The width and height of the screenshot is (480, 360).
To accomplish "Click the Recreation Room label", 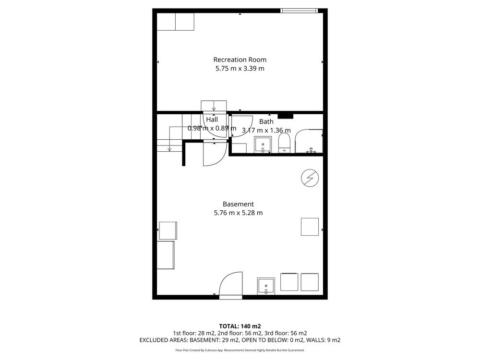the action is pos(240,60).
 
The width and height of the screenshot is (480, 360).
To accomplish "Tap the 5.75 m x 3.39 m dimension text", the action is pos(240,68).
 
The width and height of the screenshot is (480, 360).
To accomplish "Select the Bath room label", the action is pos(266,121).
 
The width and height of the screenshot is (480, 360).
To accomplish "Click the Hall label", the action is pos(212,120).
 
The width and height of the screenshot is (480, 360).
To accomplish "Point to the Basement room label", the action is pos(238,204).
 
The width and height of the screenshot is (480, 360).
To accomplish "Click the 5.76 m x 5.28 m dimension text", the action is pos(238,213).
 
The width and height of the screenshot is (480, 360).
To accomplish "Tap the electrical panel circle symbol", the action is pos(310,178).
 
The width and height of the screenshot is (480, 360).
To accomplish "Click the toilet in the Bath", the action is pos(284,143).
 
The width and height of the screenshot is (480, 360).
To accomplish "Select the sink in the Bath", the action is pos(263,145).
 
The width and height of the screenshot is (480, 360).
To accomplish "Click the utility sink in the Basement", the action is pos(266,286).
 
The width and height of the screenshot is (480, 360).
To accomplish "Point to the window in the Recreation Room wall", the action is pos(300,11).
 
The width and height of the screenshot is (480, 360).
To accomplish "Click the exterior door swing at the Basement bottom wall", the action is pos(230,284).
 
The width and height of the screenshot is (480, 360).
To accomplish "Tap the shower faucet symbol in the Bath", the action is pos(311,150).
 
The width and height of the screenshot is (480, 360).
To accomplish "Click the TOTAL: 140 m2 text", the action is pos(240,326).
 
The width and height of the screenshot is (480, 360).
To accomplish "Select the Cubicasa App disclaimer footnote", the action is pos(240,350).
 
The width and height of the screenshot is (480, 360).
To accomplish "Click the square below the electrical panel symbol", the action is pos(310,227).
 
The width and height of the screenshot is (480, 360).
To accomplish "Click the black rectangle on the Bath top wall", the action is pos(285,116).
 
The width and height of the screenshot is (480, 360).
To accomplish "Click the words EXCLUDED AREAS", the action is pos(163,340).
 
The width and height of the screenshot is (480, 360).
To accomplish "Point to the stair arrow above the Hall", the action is pos(214,106).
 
